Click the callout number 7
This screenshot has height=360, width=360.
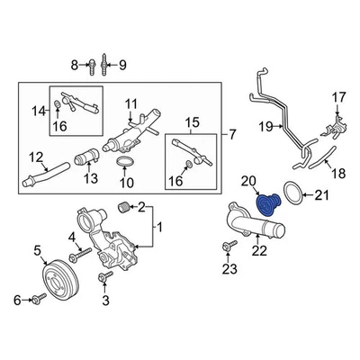point(232,135)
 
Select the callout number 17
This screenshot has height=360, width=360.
point(338,96)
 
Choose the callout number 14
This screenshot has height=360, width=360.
point(38,112)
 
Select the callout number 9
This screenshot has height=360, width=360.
point(123,65)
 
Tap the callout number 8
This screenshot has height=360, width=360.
point(76,65)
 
